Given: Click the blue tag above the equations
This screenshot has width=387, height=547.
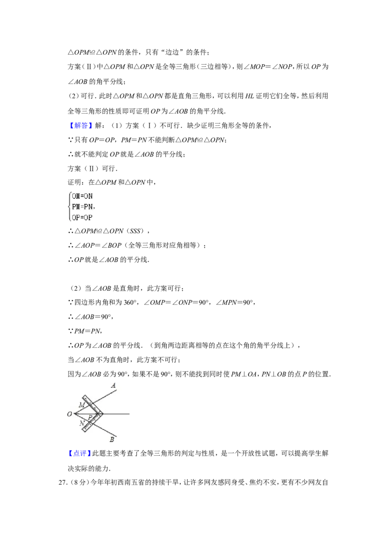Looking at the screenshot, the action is click(x=81, y=126).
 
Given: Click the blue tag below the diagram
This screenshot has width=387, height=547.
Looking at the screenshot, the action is click(x=79, y=454).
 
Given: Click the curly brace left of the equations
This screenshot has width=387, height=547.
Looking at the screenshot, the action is click(x=69, y=206).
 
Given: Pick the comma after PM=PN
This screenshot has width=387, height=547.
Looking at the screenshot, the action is click(x=94, y=209).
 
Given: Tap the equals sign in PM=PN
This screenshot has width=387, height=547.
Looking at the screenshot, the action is click(x=81, y=206).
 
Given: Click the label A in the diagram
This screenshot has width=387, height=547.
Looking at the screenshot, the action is click(x=114, y=385).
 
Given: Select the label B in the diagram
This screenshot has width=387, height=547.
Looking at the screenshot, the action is click(x=112, y=439).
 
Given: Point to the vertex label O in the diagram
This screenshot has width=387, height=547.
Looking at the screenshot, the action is click(x=69, y=414).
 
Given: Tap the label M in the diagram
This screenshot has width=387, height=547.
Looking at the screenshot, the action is click(x=81, y=404).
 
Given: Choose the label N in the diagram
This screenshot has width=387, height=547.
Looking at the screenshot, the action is click(x=81, y=423).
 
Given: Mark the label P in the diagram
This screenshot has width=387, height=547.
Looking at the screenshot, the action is click(x=90, y=417).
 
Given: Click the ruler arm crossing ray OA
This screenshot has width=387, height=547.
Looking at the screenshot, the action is click(x=91, y=404).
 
